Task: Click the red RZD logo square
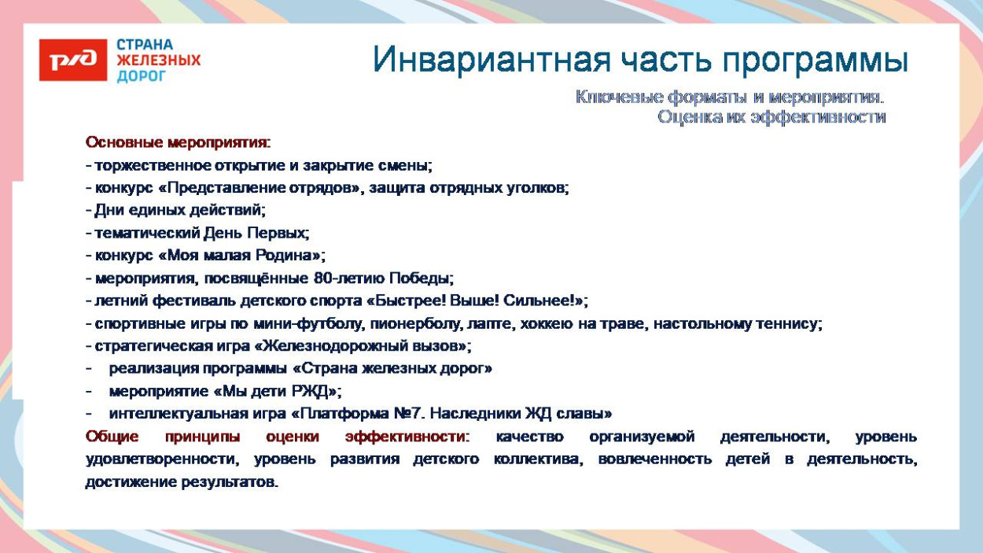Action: point(72,60)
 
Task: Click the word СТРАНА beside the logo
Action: point(145,44)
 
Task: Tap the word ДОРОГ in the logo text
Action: point(142,76)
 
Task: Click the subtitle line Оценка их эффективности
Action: point(771,117)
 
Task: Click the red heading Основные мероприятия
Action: point(178,143)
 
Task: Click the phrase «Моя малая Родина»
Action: point(240,256)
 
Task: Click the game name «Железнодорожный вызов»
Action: point(362,346)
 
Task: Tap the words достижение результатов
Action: point(181,482)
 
